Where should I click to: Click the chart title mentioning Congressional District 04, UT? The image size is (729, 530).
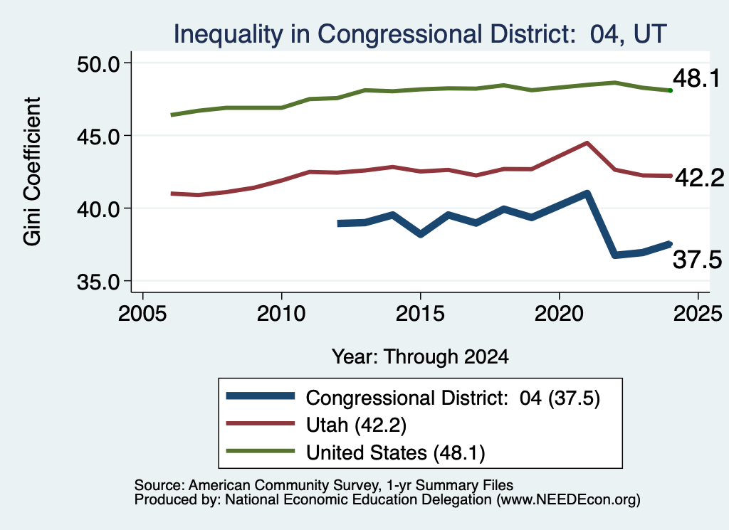click(x=420, y=34)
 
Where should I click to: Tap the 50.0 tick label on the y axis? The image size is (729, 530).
click(x=98, y=63)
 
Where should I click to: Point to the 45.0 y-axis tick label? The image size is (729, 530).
click(x=98, y=136)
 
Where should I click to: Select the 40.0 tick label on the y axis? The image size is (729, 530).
click(x=98, y=209)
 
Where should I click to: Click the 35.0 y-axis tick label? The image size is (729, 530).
click(x=98, y=282)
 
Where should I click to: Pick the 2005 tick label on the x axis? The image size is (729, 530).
click(x=142, y=314)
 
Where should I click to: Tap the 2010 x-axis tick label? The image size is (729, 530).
click(x=281, y=314)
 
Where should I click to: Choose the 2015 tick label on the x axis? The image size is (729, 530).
click(x=420, y=314)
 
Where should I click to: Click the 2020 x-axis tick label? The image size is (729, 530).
click(x=559, y=314)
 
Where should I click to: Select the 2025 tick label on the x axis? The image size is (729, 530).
click(x=698, y=314)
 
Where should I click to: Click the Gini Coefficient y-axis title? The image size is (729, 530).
click(x=32, y=171)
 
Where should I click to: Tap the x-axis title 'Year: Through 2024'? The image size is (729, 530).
click(x=420, y=356)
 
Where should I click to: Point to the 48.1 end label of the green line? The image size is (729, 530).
click(x=696, y=78)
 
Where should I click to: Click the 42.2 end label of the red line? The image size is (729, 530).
click(x=699, y=177)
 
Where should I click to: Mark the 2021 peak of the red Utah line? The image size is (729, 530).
click(x=587, y=143)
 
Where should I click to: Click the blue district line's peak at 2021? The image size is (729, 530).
click(x=587, y=194)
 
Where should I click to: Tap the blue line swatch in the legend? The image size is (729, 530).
click(x=261, y=396)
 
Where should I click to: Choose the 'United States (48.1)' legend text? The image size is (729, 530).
click(x=395, y=452)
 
